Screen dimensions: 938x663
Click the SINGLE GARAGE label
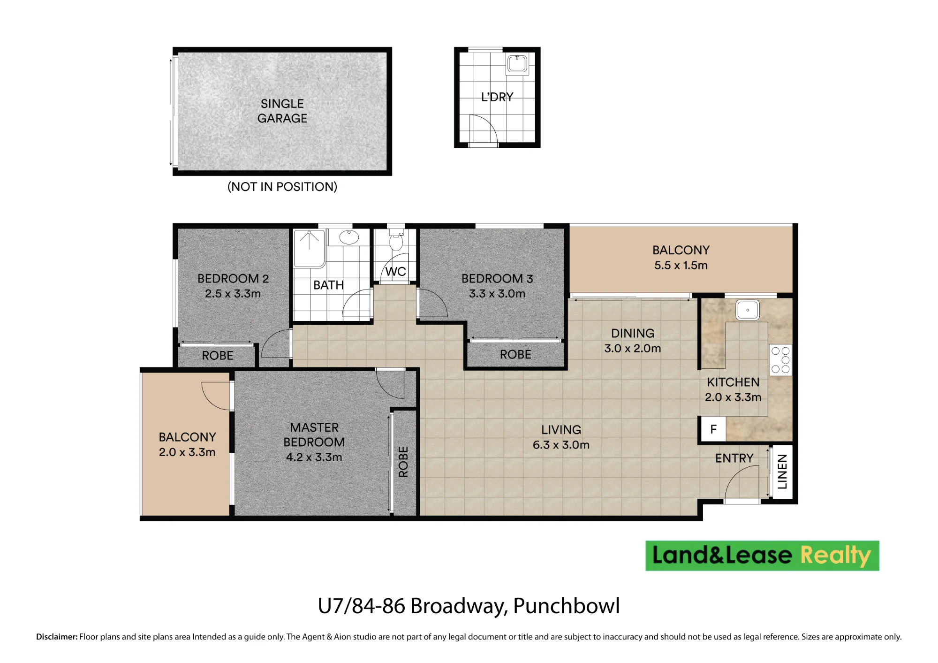[x=282, y=111]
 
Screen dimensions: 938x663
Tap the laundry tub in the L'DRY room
[x=517, y=64]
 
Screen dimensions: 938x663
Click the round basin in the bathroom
[x=349, y=237]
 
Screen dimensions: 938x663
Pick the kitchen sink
[x=748, y=310]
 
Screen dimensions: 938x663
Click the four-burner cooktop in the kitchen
[x=780, y=360]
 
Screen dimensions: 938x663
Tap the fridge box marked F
[x=713, y=429]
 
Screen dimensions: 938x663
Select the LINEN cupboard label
[x=782, y=472]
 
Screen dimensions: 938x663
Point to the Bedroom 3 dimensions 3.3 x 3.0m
[x=497, y=294]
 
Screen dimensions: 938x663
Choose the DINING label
[x=633, y=333]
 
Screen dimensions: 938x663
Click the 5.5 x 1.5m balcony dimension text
[x=681, y=266]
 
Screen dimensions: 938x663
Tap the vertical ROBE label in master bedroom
[x=403, y=462]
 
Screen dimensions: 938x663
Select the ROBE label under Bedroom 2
[x=218, y=356]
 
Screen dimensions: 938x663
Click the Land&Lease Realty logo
[x=762, y=556]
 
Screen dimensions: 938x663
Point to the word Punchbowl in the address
[x=567, y=606]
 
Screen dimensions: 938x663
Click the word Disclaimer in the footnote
[x=57, y=637]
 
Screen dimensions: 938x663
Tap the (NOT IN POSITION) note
[x=282, y=187]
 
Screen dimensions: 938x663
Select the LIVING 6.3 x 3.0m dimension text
[x=561, y=445]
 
